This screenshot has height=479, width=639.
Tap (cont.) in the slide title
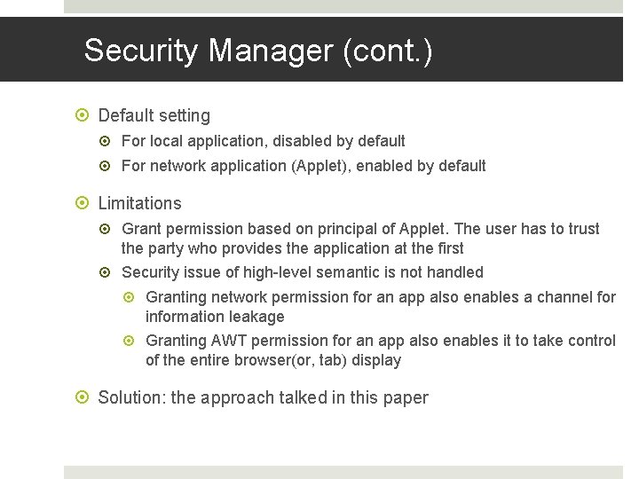[388, 51]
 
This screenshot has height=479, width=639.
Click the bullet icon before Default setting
[84, 115]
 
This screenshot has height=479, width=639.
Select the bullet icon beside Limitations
[84, 203]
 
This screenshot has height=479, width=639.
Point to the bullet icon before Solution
[84, 397]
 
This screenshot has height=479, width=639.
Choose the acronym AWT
[230, 342]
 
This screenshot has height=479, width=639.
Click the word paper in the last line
[405, 397]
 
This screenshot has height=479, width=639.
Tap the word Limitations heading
[139, 203]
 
